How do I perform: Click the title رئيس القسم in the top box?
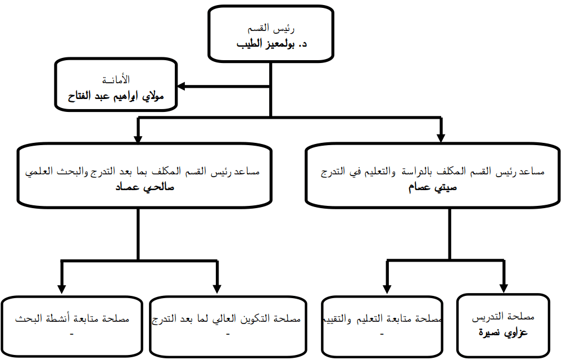[271, 28]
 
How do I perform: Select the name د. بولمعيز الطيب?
[271, 44]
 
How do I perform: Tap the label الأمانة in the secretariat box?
[116, 79]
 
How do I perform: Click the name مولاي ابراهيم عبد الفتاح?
[116, 96]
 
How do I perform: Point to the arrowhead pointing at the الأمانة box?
[182, 86]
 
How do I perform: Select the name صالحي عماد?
[144, 187]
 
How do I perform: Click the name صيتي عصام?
[433, 187]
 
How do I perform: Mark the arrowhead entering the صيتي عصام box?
[441, 138]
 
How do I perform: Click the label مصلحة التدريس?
[503, 317]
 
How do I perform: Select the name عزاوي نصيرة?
[503, 332]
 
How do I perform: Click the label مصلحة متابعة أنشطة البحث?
[72, 318]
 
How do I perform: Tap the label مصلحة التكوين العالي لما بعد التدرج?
[226, 318]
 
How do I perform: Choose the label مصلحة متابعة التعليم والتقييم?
[382, 318]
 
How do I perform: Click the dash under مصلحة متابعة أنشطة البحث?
[72, 334]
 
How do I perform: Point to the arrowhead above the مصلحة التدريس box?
[504, 289]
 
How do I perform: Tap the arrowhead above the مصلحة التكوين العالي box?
[217, 289]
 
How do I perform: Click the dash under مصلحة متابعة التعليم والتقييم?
[382, 334]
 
